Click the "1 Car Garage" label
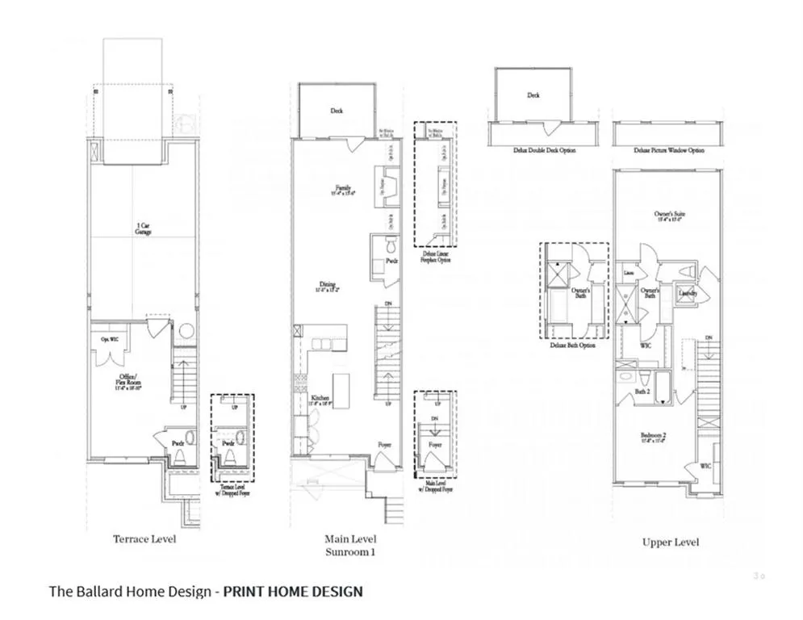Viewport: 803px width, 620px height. tap(144, 229)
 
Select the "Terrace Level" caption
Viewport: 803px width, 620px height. tap(144, 539)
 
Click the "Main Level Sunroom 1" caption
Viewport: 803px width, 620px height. tap(350, 545)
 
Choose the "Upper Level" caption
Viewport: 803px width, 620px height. tap(670, 542)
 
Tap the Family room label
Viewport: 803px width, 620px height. tap(343, 191)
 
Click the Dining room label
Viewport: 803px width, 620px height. tap(328, 286)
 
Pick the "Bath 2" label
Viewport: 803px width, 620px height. tap(642, 392)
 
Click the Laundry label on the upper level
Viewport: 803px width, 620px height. tap(688, 292)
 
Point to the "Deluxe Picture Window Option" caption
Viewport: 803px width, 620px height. tap(658, 150)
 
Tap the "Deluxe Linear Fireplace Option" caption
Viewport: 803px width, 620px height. tap(434, 257)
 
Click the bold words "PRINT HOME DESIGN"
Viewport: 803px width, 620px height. tap(293, 592)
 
